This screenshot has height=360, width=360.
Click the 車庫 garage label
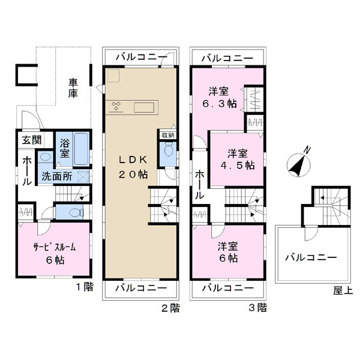pos(73,88)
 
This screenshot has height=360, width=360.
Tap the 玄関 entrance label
pos(32,140)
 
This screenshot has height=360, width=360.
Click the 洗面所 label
pos(57,176)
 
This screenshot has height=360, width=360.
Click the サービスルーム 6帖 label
pos(55,253)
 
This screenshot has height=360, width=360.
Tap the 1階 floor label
pos(85,287)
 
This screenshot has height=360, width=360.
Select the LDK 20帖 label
pos(133,167)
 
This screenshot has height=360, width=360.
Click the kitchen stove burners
pos(116,106)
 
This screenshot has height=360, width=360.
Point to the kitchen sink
pos(144,107)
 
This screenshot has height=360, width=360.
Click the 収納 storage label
pos(168,135)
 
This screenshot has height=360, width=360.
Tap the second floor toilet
pos(169,149)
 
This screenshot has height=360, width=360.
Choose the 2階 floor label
pos(170,308)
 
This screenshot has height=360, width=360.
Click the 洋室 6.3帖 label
pos(220,98)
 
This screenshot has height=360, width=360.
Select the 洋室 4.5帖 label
pos(238,159)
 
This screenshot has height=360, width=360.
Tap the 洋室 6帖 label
pos(228,252)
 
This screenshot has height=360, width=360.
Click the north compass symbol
pos(299,163)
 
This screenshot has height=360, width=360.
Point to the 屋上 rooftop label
pos(343,291)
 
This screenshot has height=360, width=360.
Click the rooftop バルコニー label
pos(311,257)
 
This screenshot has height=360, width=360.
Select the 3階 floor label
pos(258,308)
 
